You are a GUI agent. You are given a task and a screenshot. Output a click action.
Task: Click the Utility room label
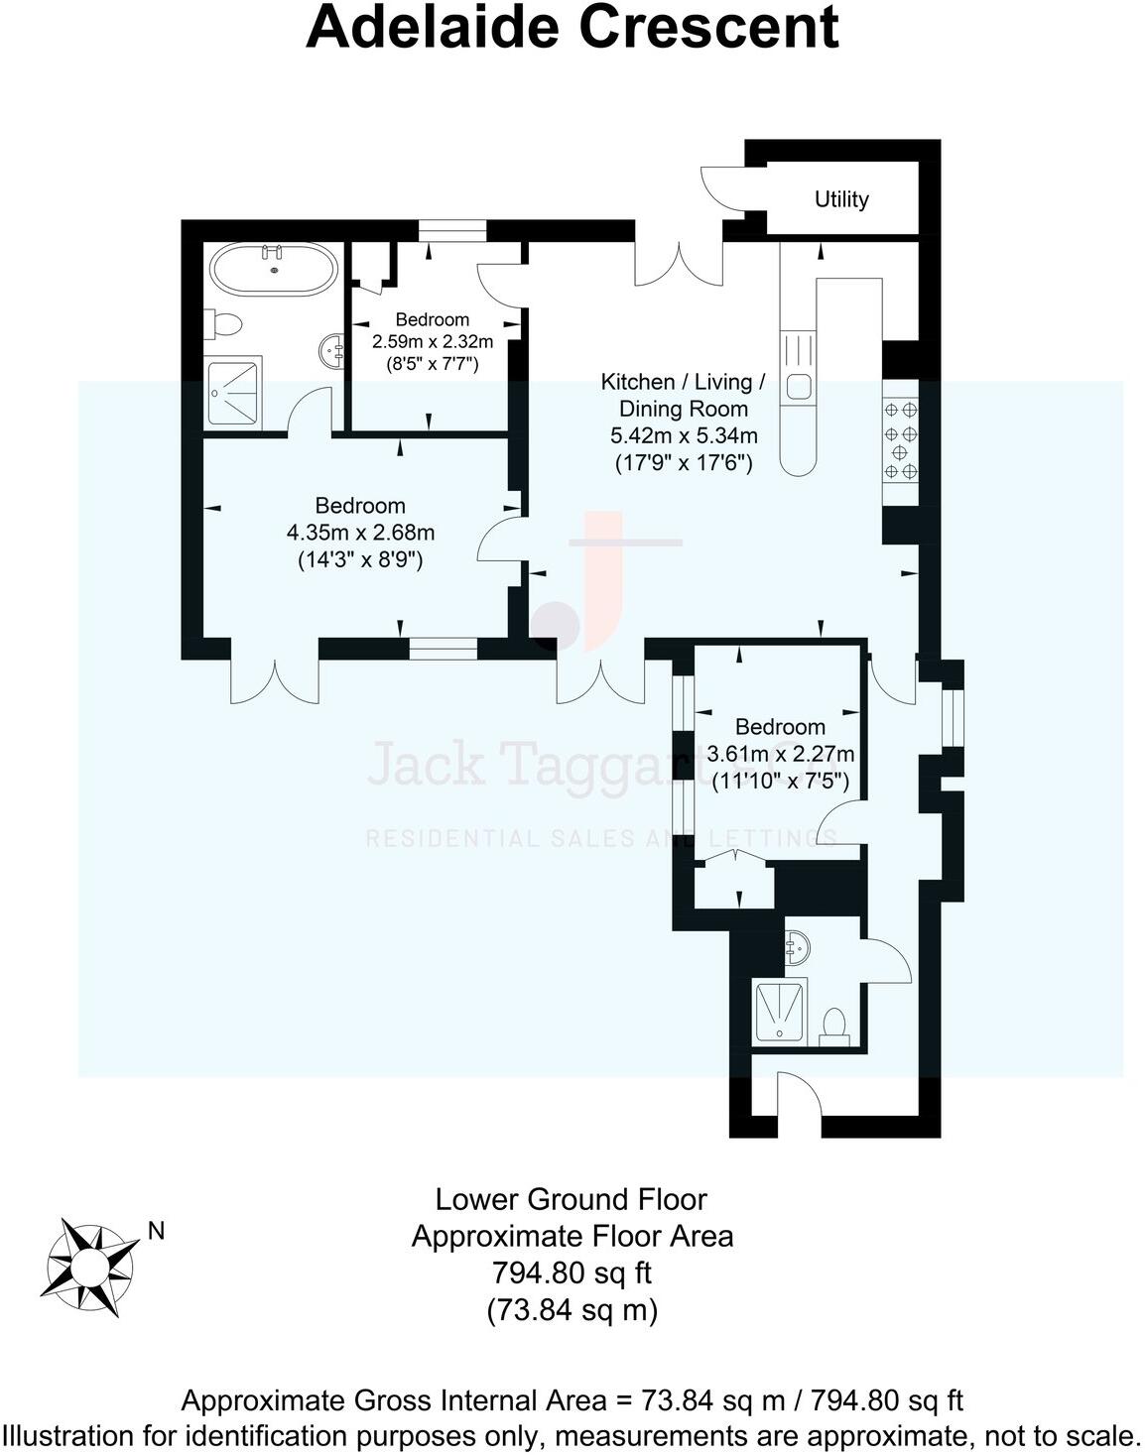(x=840, y=199)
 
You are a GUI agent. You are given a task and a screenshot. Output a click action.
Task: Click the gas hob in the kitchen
(x=900, y=439)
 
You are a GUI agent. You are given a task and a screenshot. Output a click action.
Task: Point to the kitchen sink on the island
(x=799, y=386)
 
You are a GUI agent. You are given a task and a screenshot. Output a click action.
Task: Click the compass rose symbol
(x=88, y=1267)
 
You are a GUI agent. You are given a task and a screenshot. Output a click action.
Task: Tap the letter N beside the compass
(x=156, y=1232)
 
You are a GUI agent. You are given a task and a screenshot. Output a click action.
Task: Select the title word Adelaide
(x=434, y=27)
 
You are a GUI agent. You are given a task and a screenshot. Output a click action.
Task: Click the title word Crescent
(x=708, y=27)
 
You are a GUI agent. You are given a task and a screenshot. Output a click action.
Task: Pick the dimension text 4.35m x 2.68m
(x=360, y=533)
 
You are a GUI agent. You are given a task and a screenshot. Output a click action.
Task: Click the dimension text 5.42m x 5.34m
(x=684, y=435)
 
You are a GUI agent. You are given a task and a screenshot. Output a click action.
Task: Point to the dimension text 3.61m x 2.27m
(x=780, y=754)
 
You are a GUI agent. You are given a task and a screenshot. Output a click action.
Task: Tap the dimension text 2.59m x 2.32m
(x=432, y=341)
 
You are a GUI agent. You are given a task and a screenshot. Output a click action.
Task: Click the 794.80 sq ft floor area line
(x=572, y=1273)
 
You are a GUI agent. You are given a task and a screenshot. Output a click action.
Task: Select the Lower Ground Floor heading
(x=572, y=1199)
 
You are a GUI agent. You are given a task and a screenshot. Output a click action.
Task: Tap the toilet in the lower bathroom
(x=835, y=1025)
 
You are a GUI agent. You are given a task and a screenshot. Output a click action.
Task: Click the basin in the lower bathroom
(x=796, y=948)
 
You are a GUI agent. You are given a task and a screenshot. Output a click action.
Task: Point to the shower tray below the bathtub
(x=234, y=393)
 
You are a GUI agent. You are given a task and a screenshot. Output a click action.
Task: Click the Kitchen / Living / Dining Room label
(x=684, y=395)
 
